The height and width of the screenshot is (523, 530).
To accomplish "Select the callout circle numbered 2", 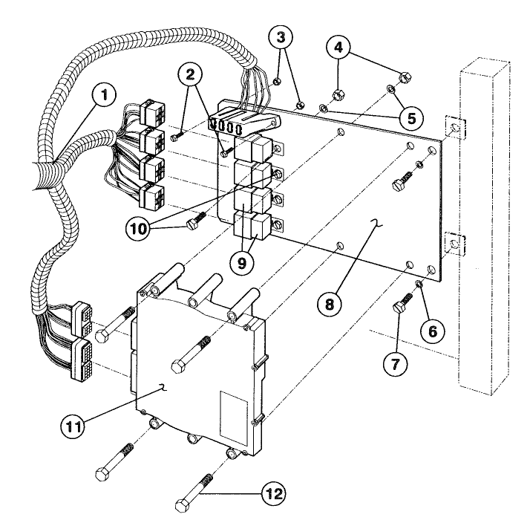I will pyautogui.click(x=190, y=75).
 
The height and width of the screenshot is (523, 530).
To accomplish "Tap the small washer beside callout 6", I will pyautogui.click(x=420, y=284).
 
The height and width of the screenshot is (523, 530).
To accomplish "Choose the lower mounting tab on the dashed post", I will pyautogui.click(x=454, y=242).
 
